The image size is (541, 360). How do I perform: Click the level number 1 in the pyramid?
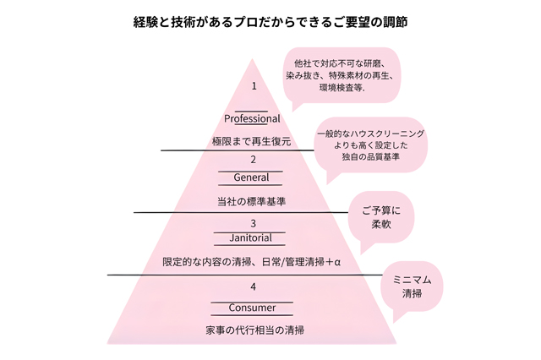click(x=253, y=86)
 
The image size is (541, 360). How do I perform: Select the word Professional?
click(x=252, y=118)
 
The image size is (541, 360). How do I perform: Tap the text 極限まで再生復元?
click(x=252, y=141)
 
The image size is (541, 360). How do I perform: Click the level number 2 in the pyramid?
click(x=253, y=160)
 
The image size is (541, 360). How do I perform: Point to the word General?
click(x=252, y=177)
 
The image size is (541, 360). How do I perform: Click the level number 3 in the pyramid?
click(x=252, y=223)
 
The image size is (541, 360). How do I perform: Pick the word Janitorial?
click(x=252, y=239)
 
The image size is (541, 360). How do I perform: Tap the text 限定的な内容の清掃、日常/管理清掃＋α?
click(x=251, y=261)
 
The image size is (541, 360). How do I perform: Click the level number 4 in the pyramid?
click(x=252, y=287)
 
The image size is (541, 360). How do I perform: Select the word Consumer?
click(x=252, y=308)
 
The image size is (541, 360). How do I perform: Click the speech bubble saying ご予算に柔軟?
click(x=381, y=217)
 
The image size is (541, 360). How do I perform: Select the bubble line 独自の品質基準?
click(x=371, y=157)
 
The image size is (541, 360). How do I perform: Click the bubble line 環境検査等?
click(x=342, y=87)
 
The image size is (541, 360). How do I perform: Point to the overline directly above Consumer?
click(x=252, y=301)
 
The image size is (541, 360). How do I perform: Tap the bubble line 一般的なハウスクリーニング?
click(x=371, y=134)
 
